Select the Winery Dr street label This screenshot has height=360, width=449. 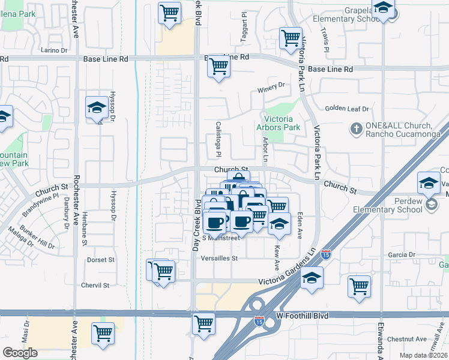coord(270,88)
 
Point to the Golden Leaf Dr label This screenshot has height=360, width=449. coord(347,109)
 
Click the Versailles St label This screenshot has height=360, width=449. coord(220,259)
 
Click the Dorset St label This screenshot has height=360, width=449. coord(100,260)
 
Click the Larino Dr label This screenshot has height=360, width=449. coord(55,50)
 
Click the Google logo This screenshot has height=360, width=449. coord(20,352)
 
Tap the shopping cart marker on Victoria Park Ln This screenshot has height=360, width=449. coord(291,38)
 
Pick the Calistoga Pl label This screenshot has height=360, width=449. coord(218,137)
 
